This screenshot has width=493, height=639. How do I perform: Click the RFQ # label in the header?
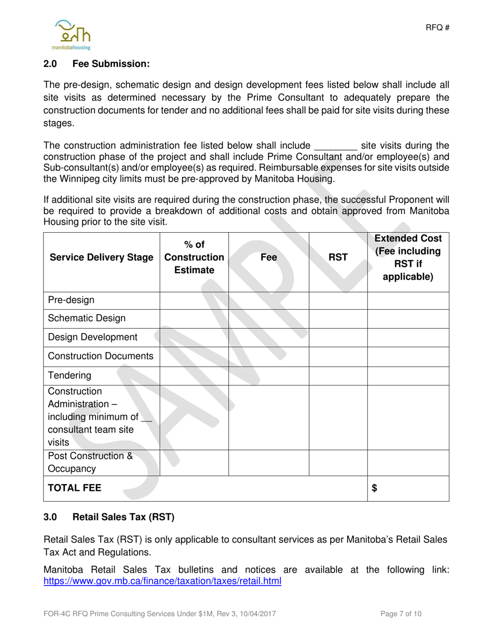pyautogui.click(x=437, y=28)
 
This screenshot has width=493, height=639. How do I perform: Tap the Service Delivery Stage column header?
pyautogui.click(x=101, y=257)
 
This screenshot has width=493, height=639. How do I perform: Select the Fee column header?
pyautogui.click(x=268, y=257)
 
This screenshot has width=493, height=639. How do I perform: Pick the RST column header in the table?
pyautogui.click(x=338, y=257)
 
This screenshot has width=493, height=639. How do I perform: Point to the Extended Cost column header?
pyautogui.click(x=408, y=257)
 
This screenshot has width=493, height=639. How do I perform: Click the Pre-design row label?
pyautogui.click(x=71, y=300)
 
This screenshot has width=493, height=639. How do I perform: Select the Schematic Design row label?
pyautogui.click(x=87, y=318)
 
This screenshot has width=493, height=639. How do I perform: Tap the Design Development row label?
pyautogui.click(x=92, y=337)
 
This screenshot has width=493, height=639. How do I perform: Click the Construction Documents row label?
pyautogui.click(x=101, y=356)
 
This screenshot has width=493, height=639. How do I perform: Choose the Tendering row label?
pyautogui.click(x=70, y=375)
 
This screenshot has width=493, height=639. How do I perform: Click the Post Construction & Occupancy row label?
pyautogui.click(x=90, y=462)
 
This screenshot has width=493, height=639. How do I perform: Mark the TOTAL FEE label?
pyautogui.click(x=75, y=488)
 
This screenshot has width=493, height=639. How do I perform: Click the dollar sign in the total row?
pyautogui.click(x=375, y=488)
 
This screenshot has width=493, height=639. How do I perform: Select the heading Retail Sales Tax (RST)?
pyautogui.click(x=124, y=517)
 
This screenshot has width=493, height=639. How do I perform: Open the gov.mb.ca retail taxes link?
pyautogui.click(x=162, y=581)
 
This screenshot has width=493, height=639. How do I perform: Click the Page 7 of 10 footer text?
pyautogui.click(x=401, y=614)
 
